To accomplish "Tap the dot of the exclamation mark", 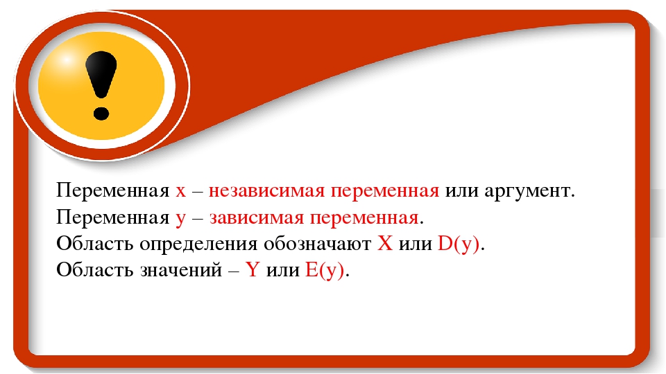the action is pyautogui.click(x=101, y=113).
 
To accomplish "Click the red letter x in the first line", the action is pyautogui.click(x=181, y=191).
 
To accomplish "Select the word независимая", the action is pyautogui.click(x=266, y=191).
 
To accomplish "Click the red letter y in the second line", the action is pyautogui.click(x=180, y=220).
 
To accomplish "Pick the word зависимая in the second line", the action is pyautogui.click(x=257, y=218).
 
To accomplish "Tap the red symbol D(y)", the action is pyautogui.click(x=459, y=244).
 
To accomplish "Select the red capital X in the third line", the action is pyautogui.click(x=385, y=244).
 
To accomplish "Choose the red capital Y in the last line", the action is pyautogui.click(x=253, y=269).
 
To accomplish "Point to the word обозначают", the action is pyautogui.click(x=317, y=244).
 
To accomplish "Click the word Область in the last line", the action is pyautogui.click(x=95, y=269).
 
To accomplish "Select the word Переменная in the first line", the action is pyautogui.click(x=113, y=191).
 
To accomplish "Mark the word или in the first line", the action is pyautogui.click(x=462, y=192).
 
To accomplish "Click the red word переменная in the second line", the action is pyautogui.click(x=364, y=218).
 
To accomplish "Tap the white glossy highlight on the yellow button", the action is pyautogui.click(x=67, y=60).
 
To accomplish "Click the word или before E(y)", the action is pyautogui.click(x=283, y=271).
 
